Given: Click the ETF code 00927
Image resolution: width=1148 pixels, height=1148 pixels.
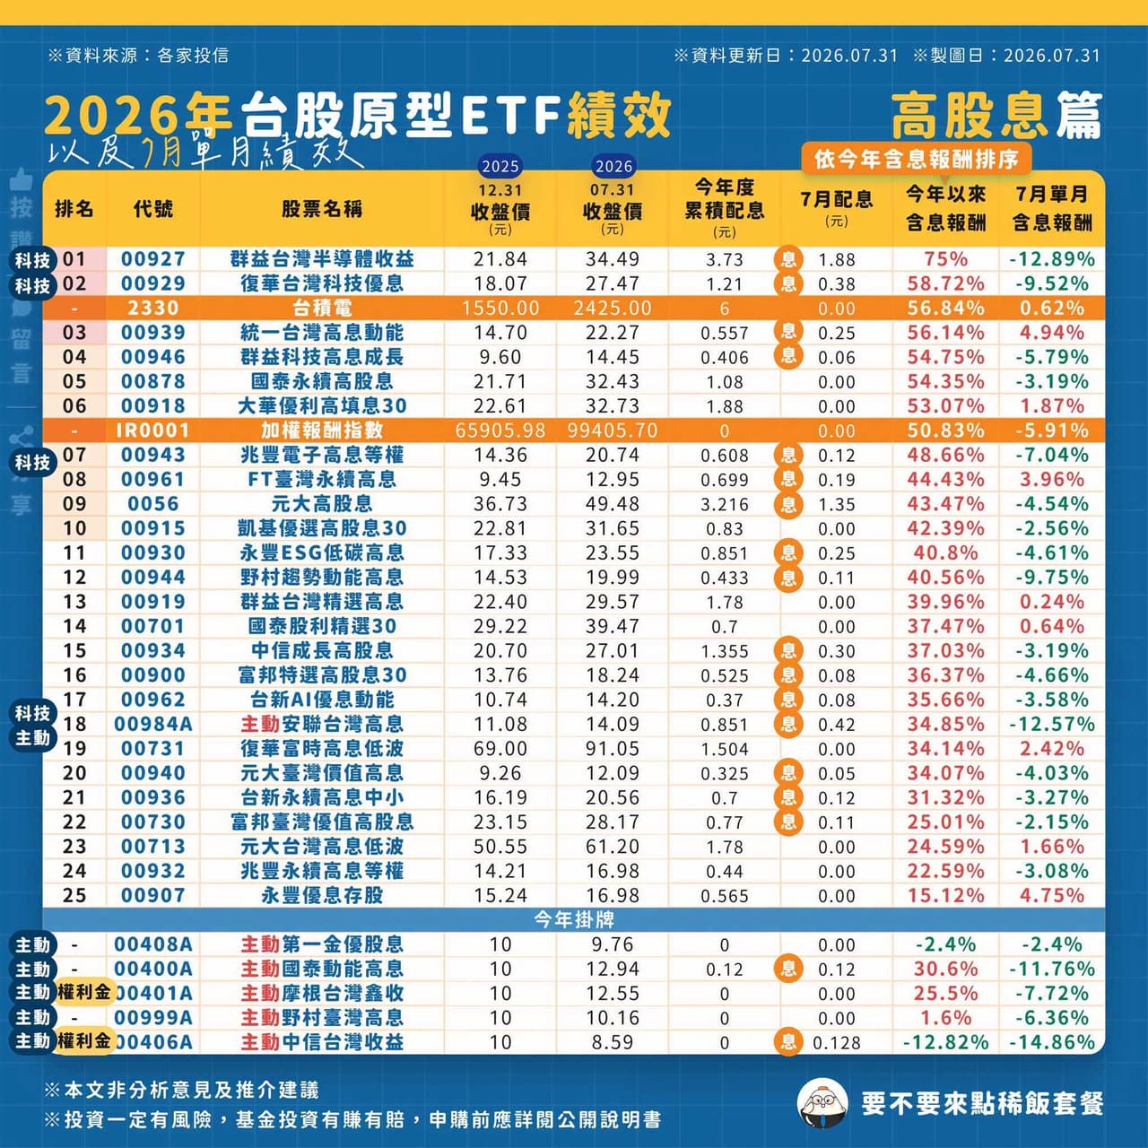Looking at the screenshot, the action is pos(153,259).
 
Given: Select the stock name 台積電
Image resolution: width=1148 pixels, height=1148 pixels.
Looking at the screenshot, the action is pos(322,308).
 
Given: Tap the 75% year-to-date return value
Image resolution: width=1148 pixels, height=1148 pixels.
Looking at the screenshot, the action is pos(946,259).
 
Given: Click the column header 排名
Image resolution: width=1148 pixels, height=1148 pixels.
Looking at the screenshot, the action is pos(74,208).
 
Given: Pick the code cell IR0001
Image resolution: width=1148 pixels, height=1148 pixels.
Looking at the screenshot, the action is pos(153,430).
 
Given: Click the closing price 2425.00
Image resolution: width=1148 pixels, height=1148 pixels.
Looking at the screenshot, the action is pos(613,308).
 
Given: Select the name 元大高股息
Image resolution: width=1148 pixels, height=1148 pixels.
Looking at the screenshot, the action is pos(322,504).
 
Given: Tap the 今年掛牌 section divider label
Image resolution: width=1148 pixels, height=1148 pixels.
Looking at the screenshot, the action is pos(574,920).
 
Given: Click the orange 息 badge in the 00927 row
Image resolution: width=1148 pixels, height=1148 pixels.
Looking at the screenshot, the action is pos(788,259).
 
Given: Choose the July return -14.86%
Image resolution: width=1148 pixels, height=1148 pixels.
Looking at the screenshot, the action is pos(1052,1042).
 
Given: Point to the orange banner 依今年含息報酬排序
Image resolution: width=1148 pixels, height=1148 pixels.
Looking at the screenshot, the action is pos(917,159).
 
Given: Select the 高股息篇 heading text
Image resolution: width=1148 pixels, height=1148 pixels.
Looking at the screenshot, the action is pos(996,117).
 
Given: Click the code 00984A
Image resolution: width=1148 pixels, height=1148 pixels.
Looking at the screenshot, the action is pos(153,724).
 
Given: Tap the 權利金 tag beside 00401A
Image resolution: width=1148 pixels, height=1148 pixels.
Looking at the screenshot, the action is pos(84,993).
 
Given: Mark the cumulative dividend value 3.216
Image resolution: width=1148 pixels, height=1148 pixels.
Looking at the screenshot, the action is pos(725,505).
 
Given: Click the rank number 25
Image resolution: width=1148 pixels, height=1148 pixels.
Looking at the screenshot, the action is pos(74,895).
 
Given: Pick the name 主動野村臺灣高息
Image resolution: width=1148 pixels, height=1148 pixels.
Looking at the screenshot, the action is pos(322,1018).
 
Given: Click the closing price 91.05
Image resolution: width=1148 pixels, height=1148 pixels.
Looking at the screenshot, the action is pos(613,748).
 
